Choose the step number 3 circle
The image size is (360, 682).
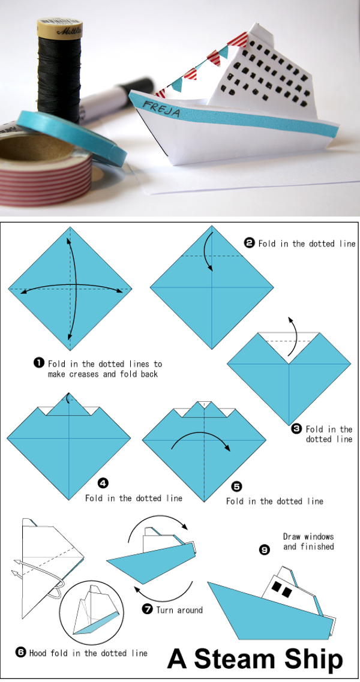(296, 429)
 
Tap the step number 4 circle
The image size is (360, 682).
(103, 482)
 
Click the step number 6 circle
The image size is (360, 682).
(21, 653)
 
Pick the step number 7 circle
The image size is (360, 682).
(148, 609)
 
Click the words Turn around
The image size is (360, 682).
(179, 610)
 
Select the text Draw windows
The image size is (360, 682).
(308, 536)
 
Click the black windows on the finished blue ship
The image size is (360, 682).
(280, 588)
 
